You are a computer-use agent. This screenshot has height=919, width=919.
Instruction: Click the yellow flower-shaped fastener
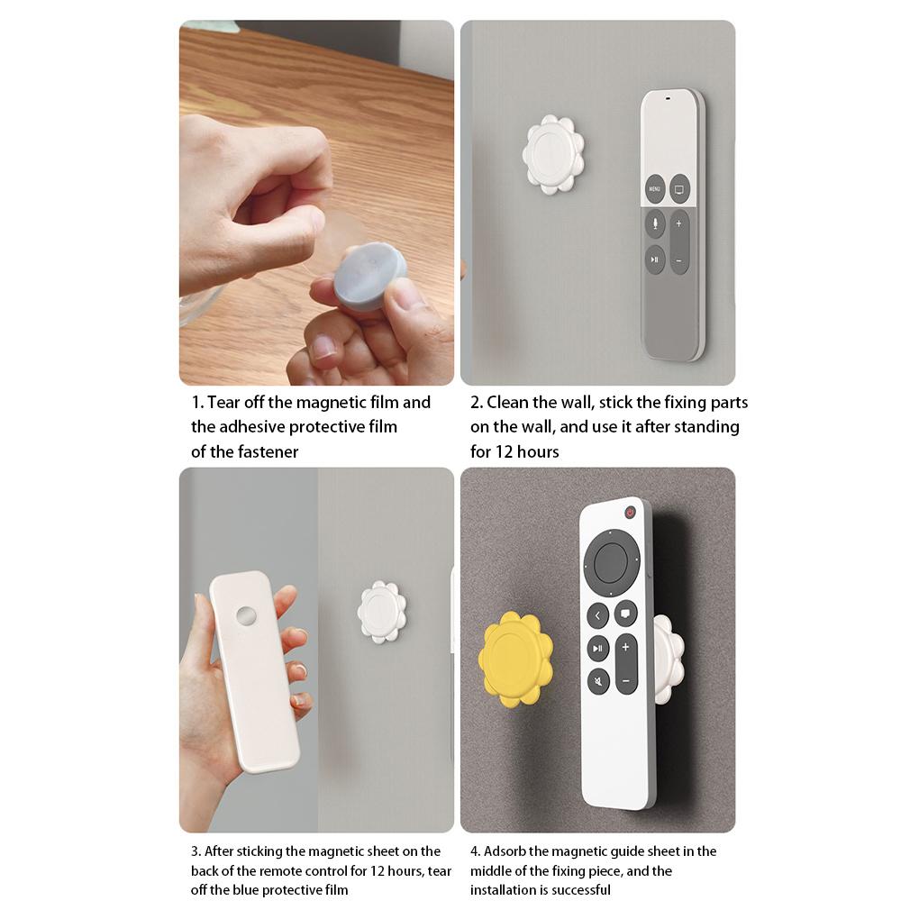click(515, 659)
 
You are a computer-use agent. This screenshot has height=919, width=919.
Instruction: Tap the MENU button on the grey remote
click(654, 189)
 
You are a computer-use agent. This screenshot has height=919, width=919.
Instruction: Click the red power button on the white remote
click(630, 513)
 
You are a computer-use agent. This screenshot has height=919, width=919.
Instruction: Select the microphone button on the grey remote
click(655, 223)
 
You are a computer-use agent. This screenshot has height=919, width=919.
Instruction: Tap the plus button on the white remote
click(626, 648)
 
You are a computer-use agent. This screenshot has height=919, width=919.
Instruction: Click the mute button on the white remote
click(598, 681)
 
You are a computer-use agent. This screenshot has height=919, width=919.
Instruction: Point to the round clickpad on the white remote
click(611, 563)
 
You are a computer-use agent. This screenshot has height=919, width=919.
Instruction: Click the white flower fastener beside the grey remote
click(553, 154)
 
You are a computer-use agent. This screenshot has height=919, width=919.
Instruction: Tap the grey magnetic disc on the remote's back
click(245, 617)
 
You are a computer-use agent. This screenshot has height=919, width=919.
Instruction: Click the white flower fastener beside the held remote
click(382, 612)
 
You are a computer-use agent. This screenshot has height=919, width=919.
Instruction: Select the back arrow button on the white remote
click(598, 616)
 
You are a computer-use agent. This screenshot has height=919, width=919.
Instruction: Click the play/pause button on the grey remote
click(655, 259)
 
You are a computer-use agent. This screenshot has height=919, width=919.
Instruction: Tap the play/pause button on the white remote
click(598, 649)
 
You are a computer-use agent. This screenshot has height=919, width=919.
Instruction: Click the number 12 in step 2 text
click(505, 451)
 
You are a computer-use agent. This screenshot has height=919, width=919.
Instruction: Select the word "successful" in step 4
click(581, 890)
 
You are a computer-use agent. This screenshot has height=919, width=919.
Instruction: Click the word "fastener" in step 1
click(268, 451)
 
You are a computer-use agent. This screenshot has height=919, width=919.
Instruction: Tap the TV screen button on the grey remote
click(679, 189)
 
